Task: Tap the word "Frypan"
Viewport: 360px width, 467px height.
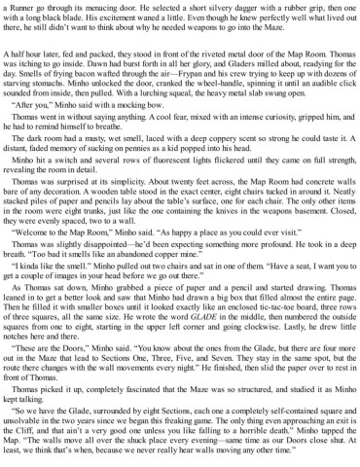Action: [196, 102]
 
